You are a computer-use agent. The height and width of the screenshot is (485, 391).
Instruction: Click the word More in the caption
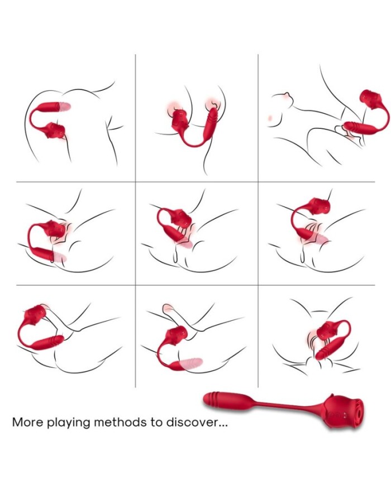click(x=27, y=422)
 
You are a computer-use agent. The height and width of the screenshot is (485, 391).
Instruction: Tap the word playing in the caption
click(x=68, y=423)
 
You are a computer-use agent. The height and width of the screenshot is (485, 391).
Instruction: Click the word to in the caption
click(x=156, y=422)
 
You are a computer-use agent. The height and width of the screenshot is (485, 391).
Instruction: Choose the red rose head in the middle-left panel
click(x=56, y=229)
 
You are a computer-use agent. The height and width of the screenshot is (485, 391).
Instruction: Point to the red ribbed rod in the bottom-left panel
click(x=48, y=342)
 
